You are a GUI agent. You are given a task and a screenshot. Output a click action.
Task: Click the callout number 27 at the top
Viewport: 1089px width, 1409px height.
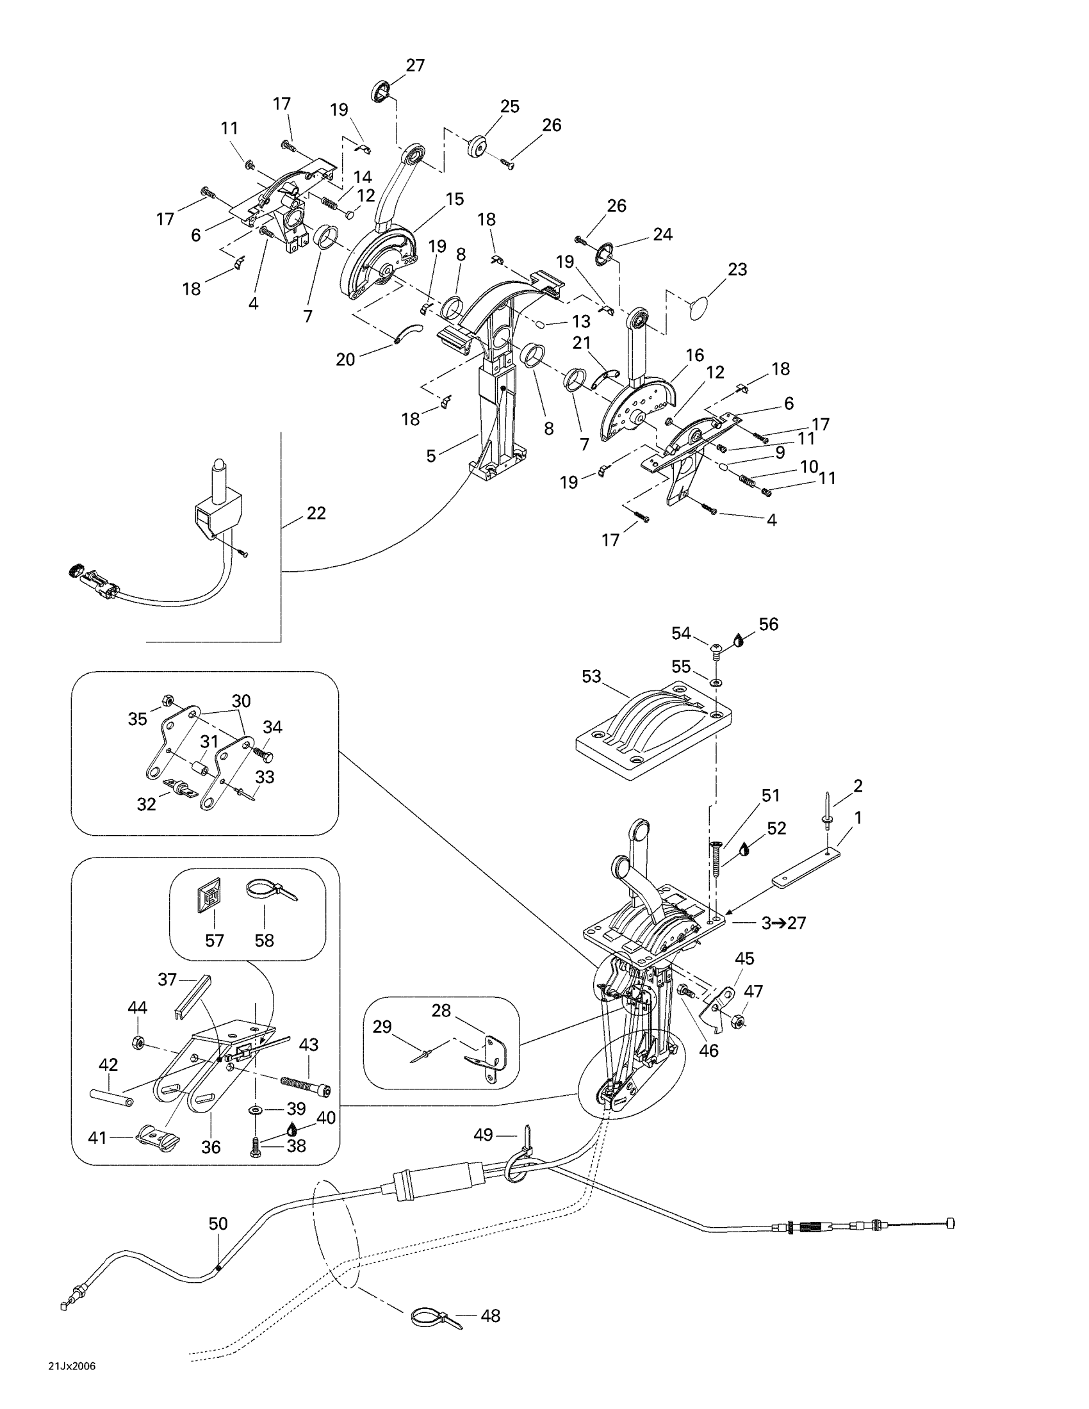pos(416,65)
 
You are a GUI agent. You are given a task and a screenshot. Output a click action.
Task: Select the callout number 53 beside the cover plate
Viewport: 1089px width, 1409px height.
pos(591,676)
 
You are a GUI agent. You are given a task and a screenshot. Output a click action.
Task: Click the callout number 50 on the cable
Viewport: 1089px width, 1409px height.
pos(218,1224)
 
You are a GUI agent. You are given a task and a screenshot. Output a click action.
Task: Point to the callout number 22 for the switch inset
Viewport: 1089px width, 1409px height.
pos(316,513)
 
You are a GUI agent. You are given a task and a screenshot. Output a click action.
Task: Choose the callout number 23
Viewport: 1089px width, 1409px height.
pos(737,269)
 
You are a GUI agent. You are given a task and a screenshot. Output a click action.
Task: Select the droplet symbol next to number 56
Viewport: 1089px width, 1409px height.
pos(739,640)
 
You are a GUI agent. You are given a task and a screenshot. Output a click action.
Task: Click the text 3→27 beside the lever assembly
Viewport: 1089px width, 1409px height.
pos(784,923)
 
